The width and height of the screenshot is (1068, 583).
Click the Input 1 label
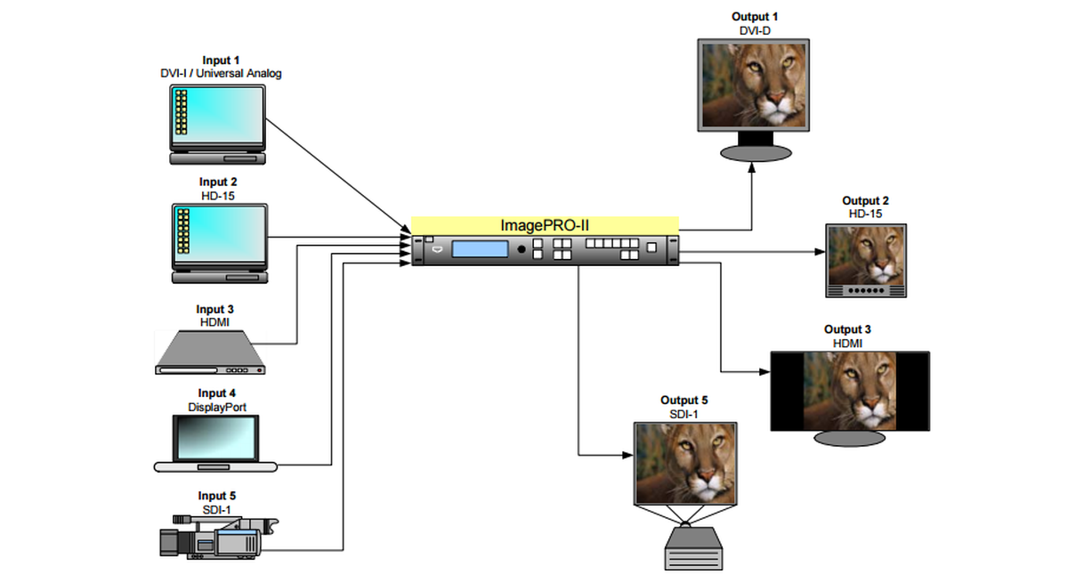(217, 61)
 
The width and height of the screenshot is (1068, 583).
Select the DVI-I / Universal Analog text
(217, 73)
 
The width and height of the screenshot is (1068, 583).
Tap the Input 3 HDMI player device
(212, 352)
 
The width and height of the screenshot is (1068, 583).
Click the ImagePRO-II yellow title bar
(545, 225)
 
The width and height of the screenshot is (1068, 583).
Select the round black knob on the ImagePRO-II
(522, 250)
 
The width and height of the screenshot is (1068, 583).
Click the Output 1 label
(755, 17)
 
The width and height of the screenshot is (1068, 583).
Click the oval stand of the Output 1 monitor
(755, 153)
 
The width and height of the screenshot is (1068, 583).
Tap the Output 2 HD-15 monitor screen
(866, 255)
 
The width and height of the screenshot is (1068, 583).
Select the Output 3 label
(848, 330)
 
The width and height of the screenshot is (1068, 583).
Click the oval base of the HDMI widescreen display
(848, 438)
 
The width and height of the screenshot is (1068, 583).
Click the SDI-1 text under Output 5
(684, 413)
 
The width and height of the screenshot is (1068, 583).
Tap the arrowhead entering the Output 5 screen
(627, 456)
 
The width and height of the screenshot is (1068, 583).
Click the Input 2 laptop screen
(219, 233)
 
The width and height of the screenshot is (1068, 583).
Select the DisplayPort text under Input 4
(217, 407)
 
